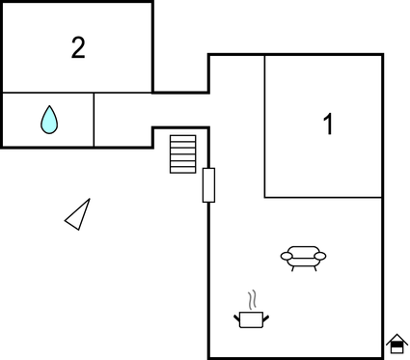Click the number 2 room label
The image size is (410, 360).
tap(78, 47)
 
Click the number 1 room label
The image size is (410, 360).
tap(328, 125)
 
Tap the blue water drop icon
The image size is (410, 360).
tap(49, 120)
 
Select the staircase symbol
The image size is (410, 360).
tap(182, 153)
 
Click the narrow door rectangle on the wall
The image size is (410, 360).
tap(208, 184)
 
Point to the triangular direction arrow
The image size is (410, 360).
tap(78, 215)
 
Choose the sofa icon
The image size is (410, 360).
tap(303, 258)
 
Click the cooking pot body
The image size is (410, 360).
tap(251, 318)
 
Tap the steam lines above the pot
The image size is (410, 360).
tap(252, 298)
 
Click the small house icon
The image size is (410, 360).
tap(396, 344)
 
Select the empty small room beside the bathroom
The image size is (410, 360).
tap(123, 120)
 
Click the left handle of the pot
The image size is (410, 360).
tap(237, 316)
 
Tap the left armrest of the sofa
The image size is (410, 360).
tap(286, 257)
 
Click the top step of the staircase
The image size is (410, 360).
tap(182, 138)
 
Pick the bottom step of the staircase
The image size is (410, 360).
tap(182, 169)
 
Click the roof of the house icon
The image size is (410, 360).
tap(396, 338)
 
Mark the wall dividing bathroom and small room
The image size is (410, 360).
tap(94, 120)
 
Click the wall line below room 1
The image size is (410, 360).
tap(323, 198)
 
